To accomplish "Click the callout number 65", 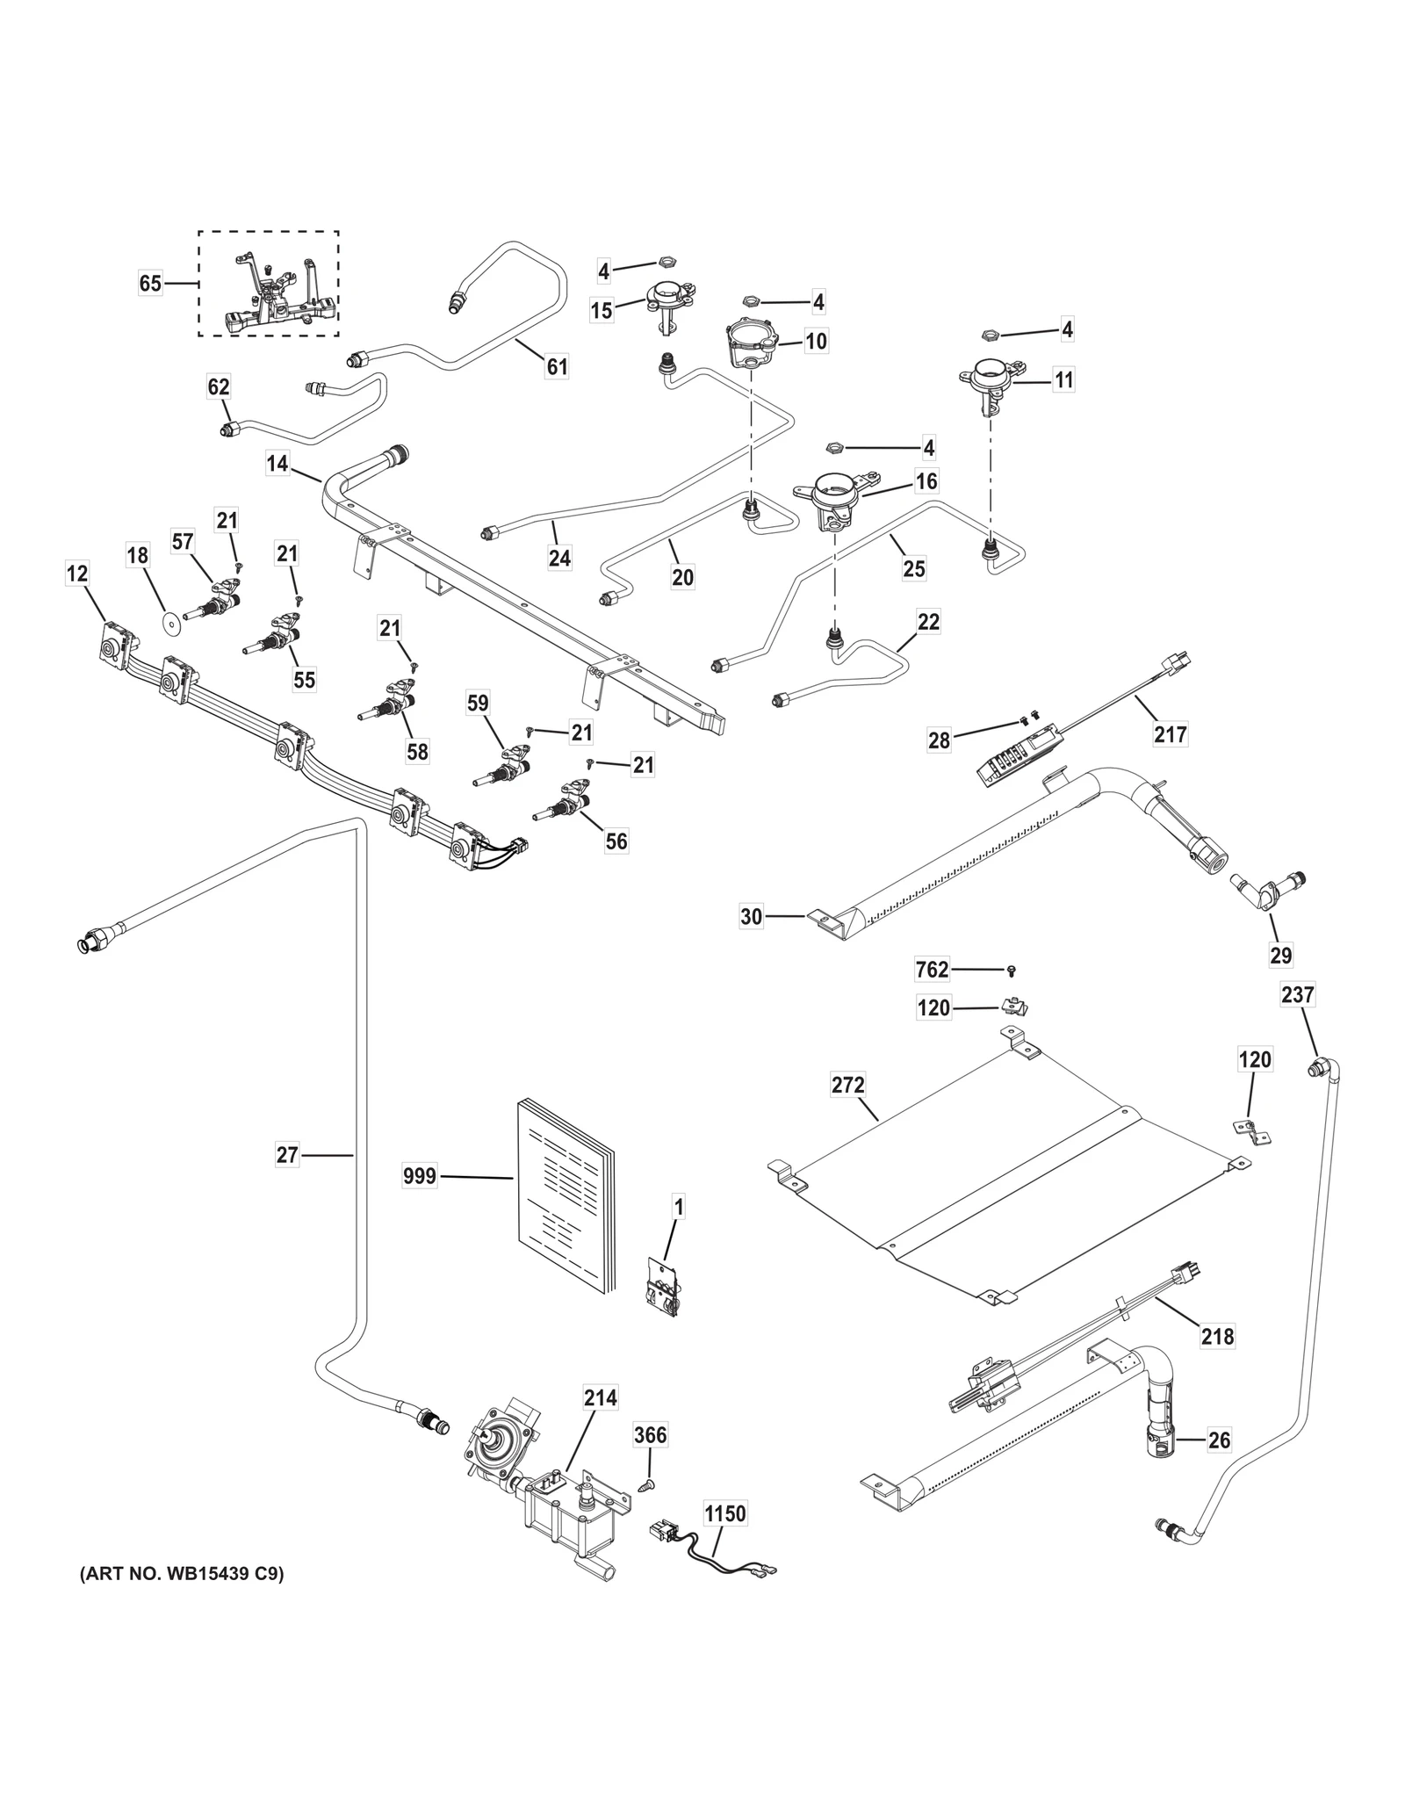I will click(150, 284).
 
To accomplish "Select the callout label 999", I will click(420, 1175).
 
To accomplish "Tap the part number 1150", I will click(725, 1513).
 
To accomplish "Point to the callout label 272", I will click(848, 1085).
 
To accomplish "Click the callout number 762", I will click(932, 969).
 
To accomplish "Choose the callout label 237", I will click(1298, 994).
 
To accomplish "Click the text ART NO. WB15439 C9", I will click(182, 1575).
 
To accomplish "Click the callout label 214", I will click(601, 1397).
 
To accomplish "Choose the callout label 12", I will click(77, 574).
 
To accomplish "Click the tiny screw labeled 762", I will click(1012, 970).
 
